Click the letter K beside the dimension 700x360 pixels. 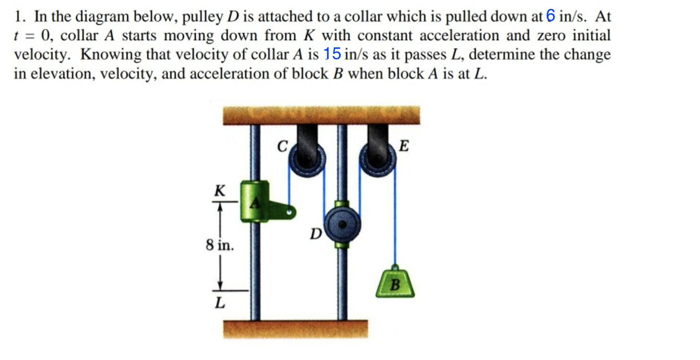pyautogui.click(x=220, y=191)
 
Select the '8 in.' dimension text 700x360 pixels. pyautogui.click(x=220, y=245)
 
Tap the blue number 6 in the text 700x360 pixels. pyautogui.click(x=550, y=16)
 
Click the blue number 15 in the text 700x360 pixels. pyautogui.click(x=332, y=54)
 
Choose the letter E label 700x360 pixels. pyautogui.click(x=403, y=146)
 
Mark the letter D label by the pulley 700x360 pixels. pyautogui.click(x=316, y=234)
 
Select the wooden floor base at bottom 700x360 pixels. pyautogui.click(x=295, y=329)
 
